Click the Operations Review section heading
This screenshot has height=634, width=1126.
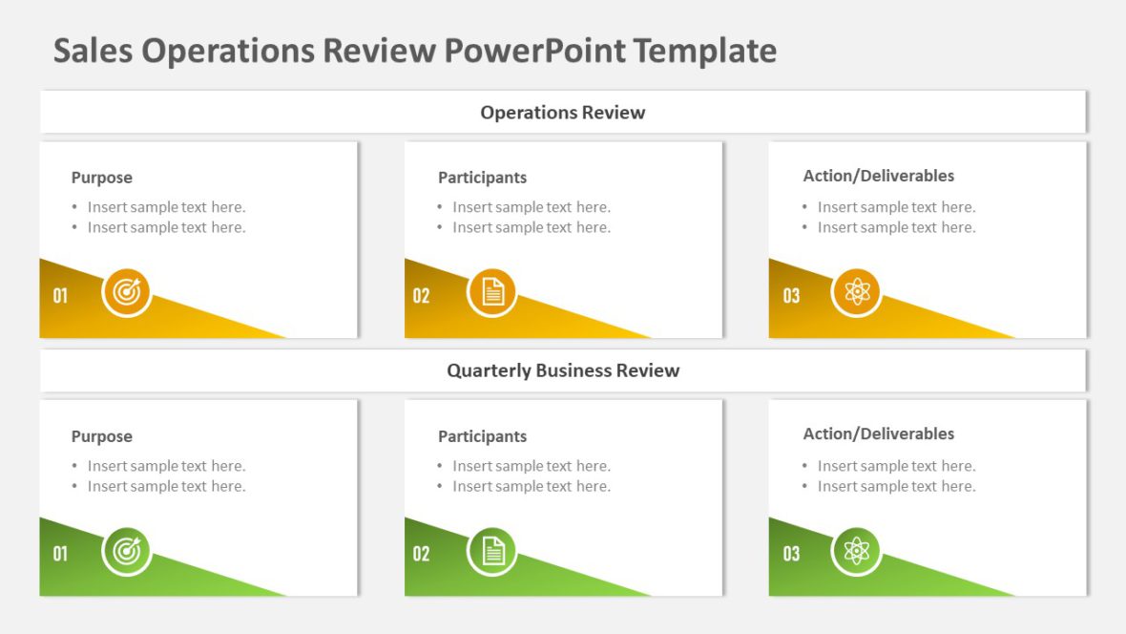click(x=562, y=113)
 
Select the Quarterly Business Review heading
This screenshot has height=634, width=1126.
click(x=563, y=370)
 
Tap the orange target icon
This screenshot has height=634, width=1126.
click(x=127, y=292)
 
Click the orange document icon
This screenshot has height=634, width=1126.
click(x=491, y=292)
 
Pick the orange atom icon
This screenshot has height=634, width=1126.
click(x=856, y=292)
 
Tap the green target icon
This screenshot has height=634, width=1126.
click(x=127, y=551)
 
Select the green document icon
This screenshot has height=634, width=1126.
click(x=491, y=551)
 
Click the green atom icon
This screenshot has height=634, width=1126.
click(x=856, y=551)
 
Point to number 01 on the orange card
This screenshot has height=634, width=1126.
click(x=60, y=296)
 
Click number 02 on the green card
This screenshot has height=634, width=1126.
click(x=421, y=554)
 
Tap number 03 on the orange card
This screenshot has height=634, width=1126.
click(x=791, y=296)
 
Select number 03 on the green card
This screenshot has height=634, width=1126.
click(x=791, y=554)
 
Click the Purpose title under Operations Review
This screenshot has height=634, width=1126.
click(x=101, y=178)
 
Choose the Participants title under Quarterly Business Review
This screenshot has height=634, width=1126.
click(x=482, y=436)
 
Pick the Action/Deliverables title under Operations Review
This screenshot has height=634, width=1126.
click(x=878, y=176)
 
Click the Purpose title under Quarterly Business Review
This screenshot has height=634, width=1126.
click(x=101, y=436)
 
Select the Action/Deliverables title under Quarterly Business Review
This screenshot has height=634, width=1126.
click(x=878, y=433)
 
